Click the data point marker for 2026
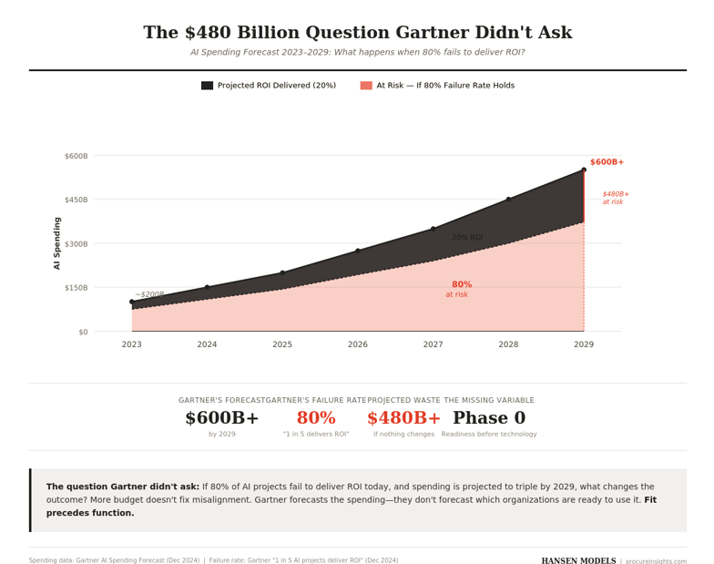point(358,251)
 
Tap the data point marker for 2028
point(508,200)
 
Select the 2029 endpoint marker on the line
point(584,170)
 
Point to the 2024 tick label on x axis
point(207,344)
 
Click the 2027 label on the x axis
point(433,344)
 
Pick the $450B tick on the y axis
point(76,200)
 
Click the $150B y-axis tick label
point(76,288)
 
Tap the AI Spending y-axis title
point(57,243)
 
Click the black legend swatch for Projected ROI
point(207,86)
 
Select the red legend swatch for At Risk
point(366,86)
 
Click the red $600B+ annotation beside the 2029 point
point(607,162)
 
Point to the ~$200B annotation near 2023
point(150,294)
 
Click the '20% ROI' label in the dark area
point(467,238)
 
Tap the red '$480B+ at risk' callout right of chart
point(615,198)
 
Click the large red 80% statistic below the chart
point(316,418)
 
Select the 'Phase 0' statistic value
point(489,418)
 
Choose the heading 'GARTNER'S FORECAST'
point(222,401)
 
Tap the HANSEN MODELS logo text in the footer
point(578,561)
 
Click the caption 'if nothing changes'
point(403,435)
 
